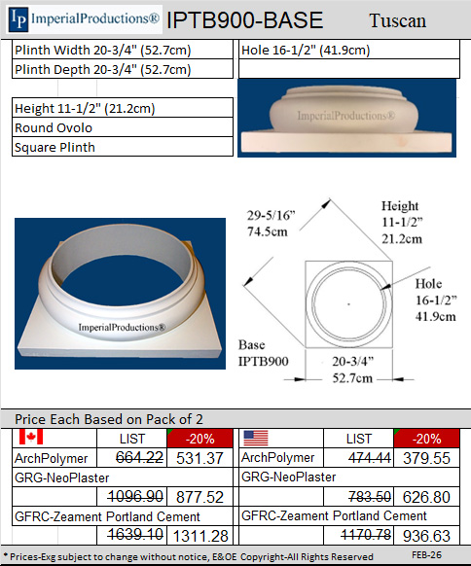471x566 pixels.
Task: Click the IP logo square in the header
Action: (x=17, y=19)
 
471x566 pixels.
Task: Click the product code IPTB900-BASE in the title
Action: (x=244, y=20)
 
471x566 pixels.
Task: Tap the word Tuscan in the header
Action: (x=398, y=20)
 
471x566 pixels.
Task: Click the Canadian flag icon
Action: (x=31, y=438)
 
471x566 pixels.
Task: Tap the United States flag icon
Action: (x=256, y=438)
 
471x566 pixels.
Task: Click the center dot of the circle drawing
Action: (x=348, y=304)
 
